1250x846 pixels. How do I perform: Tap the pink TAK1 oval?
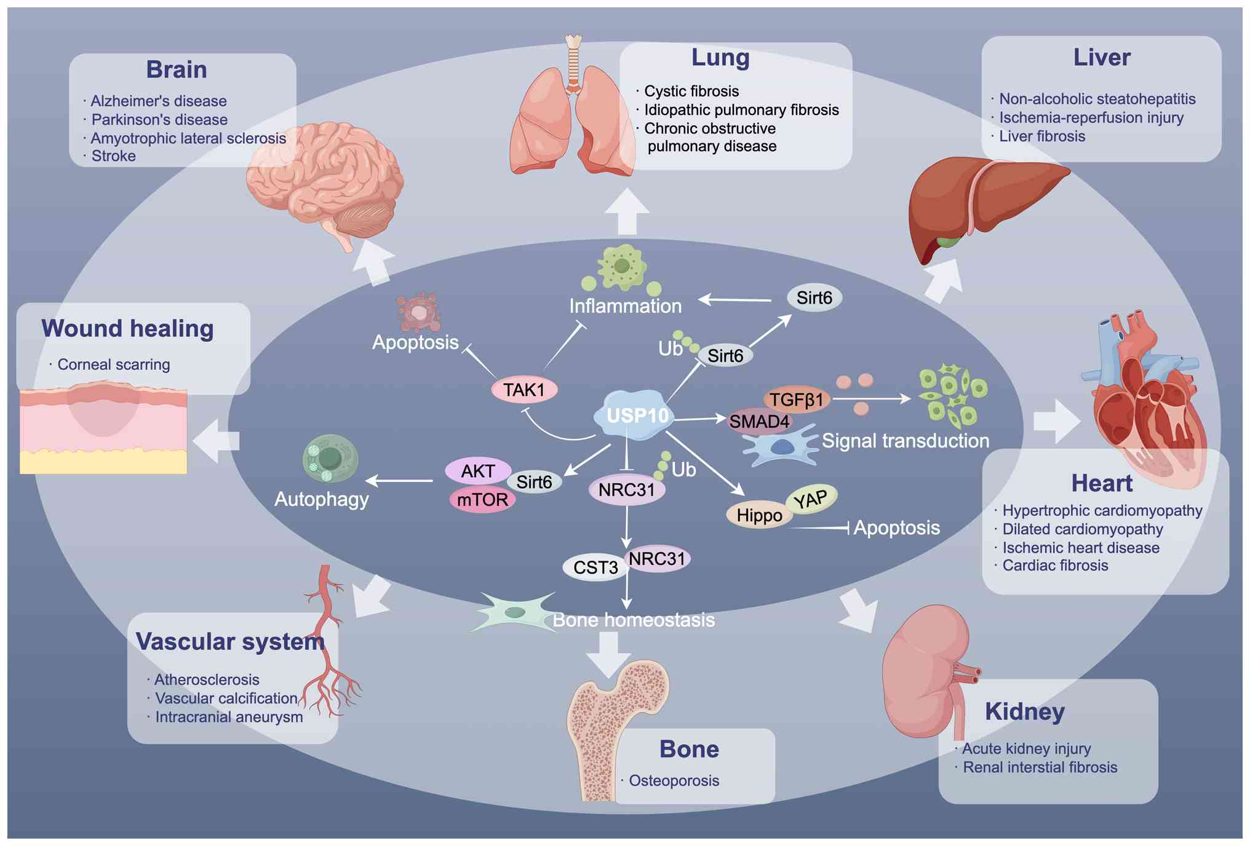point(524,390)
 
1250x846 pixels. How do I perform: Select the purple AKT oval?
point(478,472)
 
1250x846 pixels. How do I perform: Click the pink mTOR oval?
point(482,499)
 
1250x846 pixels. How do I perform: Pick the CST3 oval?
point(595,567)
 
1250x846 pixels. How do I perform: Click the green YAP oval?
point(811,499)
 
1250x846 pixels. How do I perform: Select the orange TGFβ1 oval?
point(796,400)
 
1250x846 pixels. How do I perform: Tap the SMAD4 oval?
point(759,422)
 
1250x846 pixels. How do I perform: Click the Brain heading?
point(176,69)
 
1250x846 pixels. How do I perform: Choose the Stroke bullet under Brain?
point(113,156)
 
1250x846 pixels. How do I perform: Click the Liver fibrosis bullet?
point(1041,136)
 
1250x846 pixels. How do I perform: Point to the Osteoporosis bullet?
point(674,781)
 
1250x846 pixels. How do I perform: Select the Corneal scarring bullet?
point(113,365)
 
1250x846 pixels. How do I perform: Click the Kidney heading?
point(1024,711)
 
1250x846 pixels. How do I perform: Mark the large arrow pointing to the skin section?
point(215,440)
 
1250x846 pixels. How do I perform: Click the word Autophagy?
point(321,499)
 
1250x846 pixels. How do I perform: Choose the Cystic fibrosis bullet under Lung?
point(691,92)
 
